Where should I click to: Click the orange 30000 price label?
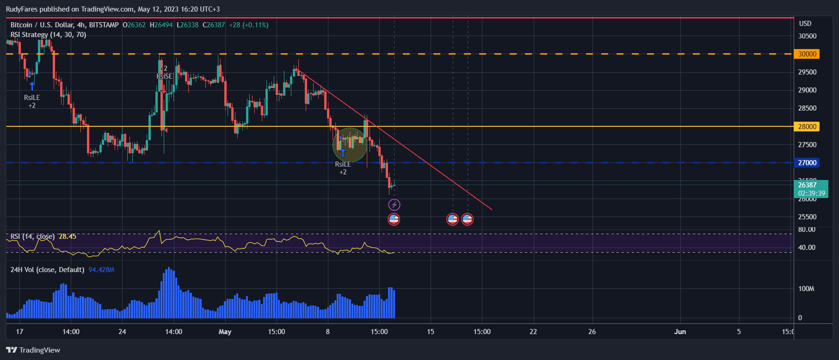(x=807, y=54)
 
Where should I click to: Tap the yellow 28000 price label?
(x=807, y=126)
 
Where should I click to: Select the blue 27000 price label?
(x=807, y=162)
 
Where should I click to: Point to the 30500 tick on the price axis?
(x=807, y=36)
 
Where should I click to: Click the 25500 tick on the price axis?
(x=807, y=217)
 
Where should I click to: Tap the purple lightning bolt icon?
(x=394, y=205)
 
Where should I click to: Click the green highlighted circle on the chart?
(x=350, y=145)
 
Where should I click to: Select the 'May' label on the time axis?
(x=225, y=331)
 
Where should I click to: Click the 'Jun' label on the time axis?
(x=680, y=331)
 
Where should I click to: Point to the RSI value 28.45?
(x=68, y=236)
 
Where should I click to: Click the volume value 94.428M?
(x=101, y=270)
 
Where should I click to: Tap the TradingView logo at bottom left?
(x=33, y=350)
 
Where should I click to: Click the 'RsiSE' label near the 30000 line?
(x=164, y=76)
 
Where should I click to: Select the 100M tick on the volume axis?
(x=806, y=289)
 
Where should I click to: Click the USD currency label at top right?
(x=805, y=24)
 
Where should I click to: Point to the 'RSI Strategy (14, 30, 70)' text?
(x=48, y=35)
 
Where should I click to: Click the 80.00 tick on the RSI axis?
(x=807, y=230)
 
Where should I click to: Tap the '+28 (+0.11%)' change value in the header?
(x=249, y=25)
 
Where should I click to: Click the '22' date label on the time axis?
(x=533, y=331)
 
